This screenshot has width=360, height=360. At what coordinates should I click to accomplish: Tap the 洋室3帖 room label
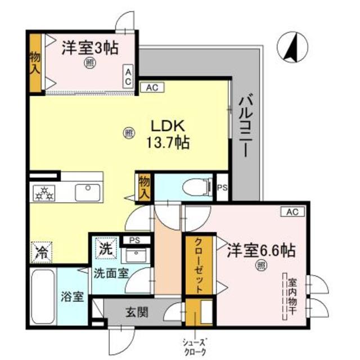point(89,48)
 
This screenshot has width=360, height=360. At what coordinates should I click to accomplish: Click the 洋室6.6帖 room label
point(262,249)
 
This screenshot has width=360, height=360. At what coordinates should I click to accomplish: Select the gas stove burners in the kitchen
point(44,192)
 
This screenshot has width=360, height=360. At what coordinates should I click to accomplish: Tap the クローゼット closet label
point(199,264)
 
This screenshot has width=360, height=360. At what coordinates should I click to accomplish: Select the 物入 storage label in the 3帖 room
point(35,62)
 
